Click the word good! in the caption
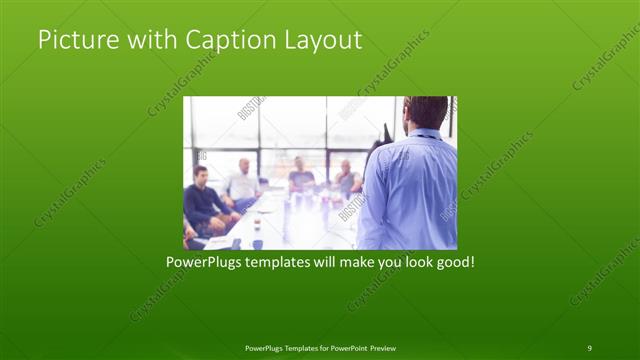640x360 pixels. pos(451,264)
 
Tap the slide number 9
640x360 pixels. pos(589,347)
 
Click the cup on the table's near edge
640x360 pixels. pos(257,243)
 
